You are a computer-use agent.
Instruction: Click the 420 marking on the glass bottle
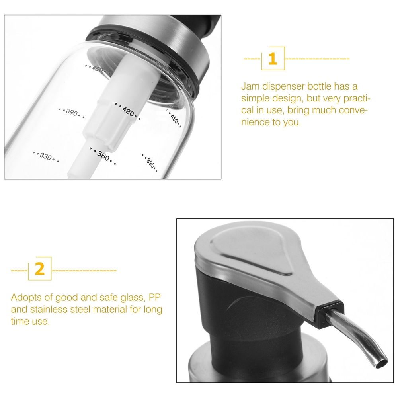click(x=128, y=111)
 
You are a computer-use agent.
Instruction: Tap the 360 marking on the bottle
click(x=103, y=156)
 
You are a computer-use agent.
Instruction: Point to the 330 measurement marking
click(x=46, y=156)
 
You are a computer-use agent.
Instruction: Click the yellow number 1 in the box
click(x=273, y=59)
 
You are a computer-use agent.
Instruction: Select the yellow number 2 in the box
click(x=39, y=269)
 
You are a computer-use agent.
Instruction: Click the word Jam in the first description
click(x=250, y=86)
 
